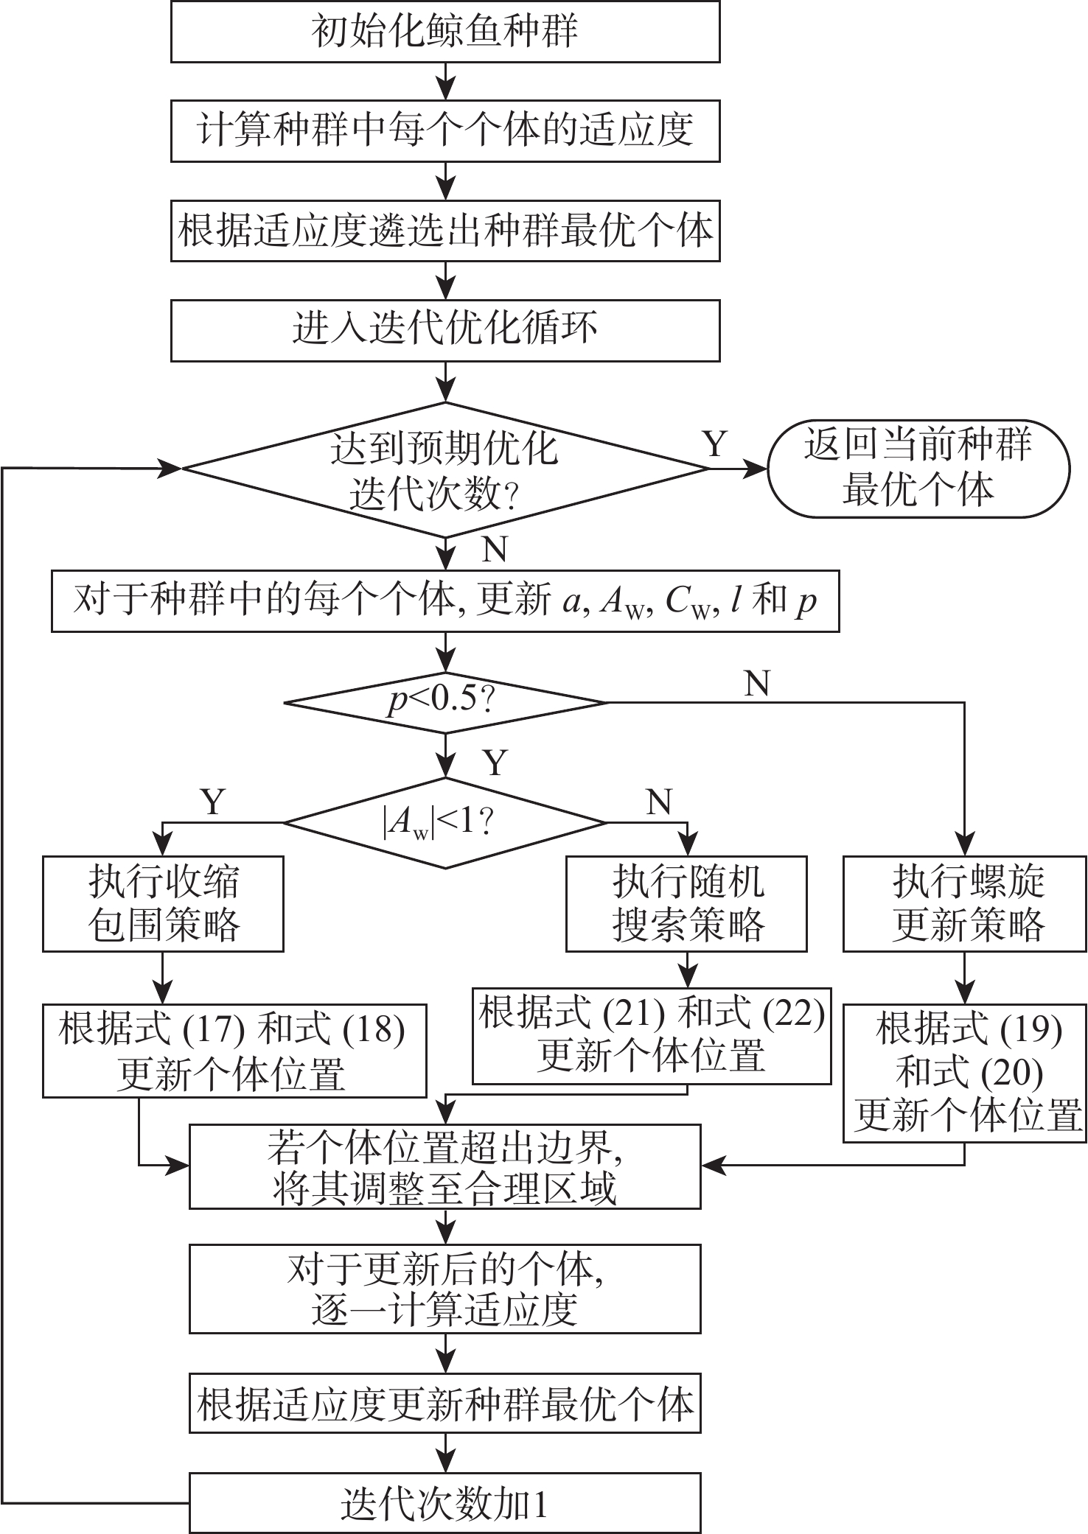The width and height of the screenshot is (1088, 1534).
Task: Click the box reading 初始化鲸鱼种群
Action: [444, 32]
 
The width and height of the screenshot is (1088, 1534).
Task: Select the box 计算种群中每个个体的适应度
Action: [444, 131]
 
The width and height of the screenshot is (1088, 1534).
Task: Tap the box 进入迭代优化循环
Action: [444, 329]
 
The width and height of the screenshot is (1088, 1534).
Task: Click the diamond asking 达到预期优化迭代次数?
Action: [444, 469]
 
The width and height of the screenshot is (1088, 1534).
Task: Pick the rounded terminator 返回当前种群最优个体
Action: [918, 469]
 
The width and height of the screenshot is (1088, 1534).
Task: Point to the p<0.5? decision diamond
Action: [444, 701]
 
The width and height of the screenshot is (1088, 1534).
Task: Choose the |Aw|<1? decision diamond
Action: [444, 822]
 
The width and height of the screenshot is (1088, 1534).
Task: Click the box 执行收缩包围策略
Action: [163, 903]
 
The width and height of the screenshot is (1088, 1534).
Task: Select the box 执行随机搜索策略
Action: [686, 903]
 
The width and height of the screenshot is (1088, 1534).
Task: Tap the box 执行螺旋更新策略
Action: [964, 903]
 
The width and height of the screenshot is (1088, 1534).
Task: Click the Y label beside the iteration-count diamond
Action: [714, 444]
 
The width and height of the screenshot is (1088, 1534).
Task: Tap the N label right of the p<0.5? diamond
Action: [757, 684]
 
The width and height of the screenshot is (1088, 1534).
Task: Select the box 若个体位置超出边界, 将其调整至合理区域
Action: [444, 1166]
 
